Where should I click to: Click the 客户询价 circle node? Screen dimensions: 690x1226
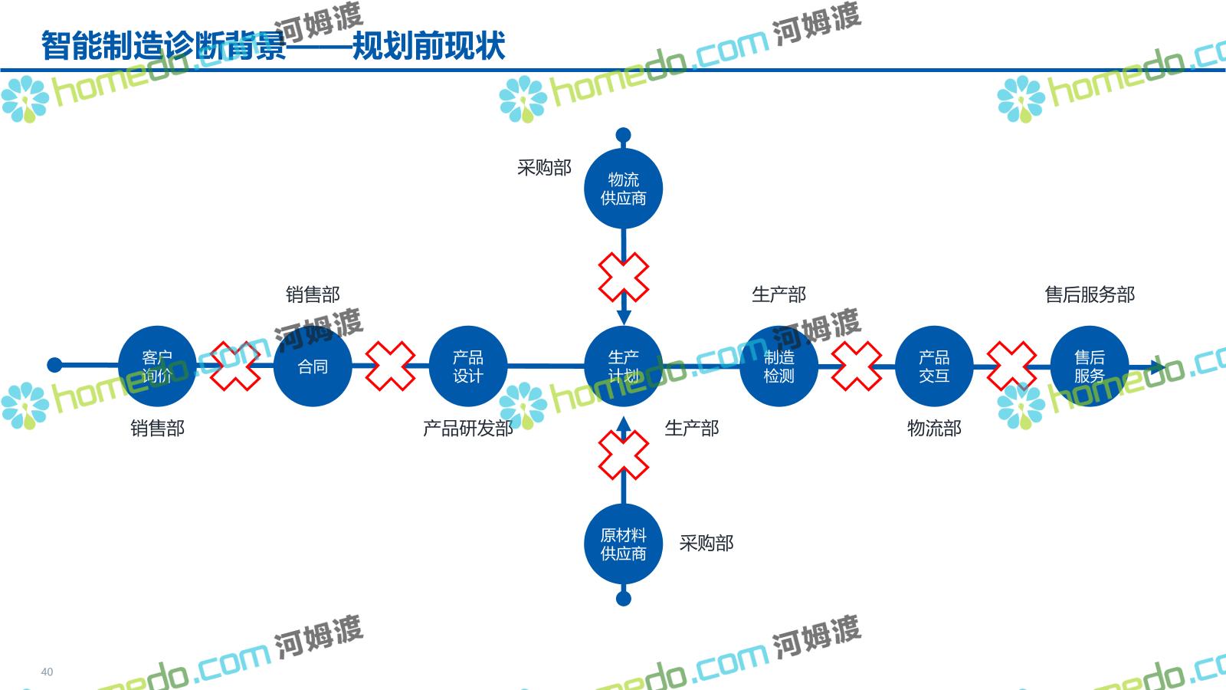coord(157,366)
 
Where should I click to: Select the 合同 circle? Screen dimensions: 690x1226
coord(313,366)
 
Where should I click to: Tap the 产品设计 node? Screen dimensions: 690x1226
coord(467,366)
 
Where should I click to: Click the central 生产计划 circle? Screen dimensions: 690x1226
coord(623,366)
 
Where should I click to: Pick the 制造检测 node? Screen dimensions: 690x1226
coord(779,366)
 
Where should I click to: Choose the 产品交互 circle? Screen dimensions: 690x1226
coord(934,366)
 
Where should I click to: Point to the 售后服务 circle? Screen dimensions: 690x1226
coord(1089,366)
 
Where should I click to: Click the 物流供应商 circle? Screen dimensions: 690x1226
coord(623,189)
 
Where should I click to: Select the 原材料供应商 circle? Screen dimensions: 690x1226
coord(623,544)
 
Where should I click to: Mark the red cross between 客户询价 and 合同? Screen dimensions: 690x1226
coord(234,366)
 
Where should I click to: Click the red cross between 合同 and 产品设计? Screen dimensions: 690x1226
coord(390,366)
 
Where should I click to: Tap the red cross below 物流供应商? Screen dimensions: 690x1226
coord(623,278)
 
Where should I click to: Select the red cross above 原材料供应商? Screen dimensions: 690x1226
coord(623,455)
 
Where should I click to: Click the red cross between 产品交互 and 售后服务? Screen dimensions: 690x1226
coord(1011,366)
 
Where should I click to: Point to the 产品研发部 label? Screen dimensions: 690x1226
coord(467,429)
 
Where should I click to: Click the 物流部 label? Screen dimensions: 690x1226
coord(934,429)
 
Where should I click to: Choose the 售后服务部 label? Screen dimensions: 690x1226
coord(1089,294)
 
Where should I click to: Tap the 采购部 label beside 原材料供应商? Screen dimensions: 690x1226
coord(706,544)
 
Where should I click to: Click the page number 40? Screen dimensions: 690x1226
coord(47,672)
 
